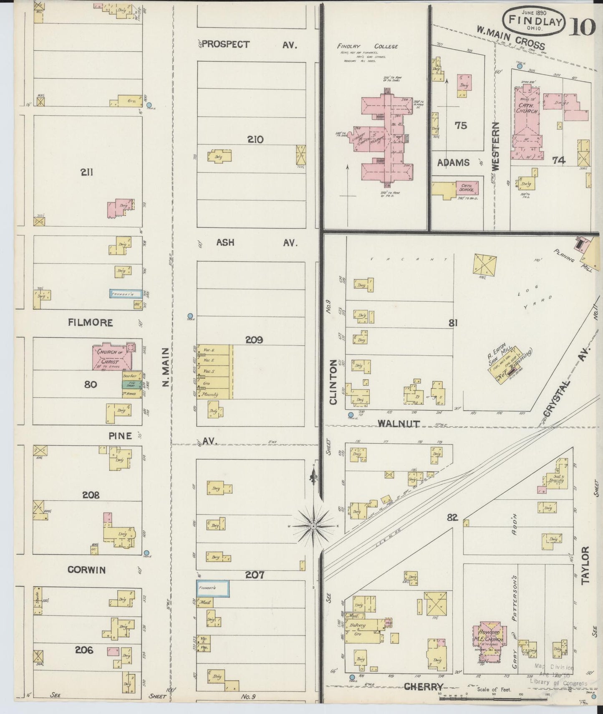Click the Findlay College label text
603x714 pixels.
368,46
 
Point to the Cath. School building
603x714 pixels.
467,188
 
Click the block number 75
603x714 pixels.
461,125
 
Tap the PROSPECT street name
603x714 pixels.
225,44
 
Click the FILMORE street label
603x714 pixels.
91,322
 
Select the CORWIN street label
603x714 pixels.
87,570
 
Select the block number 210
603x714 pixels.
255,139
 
